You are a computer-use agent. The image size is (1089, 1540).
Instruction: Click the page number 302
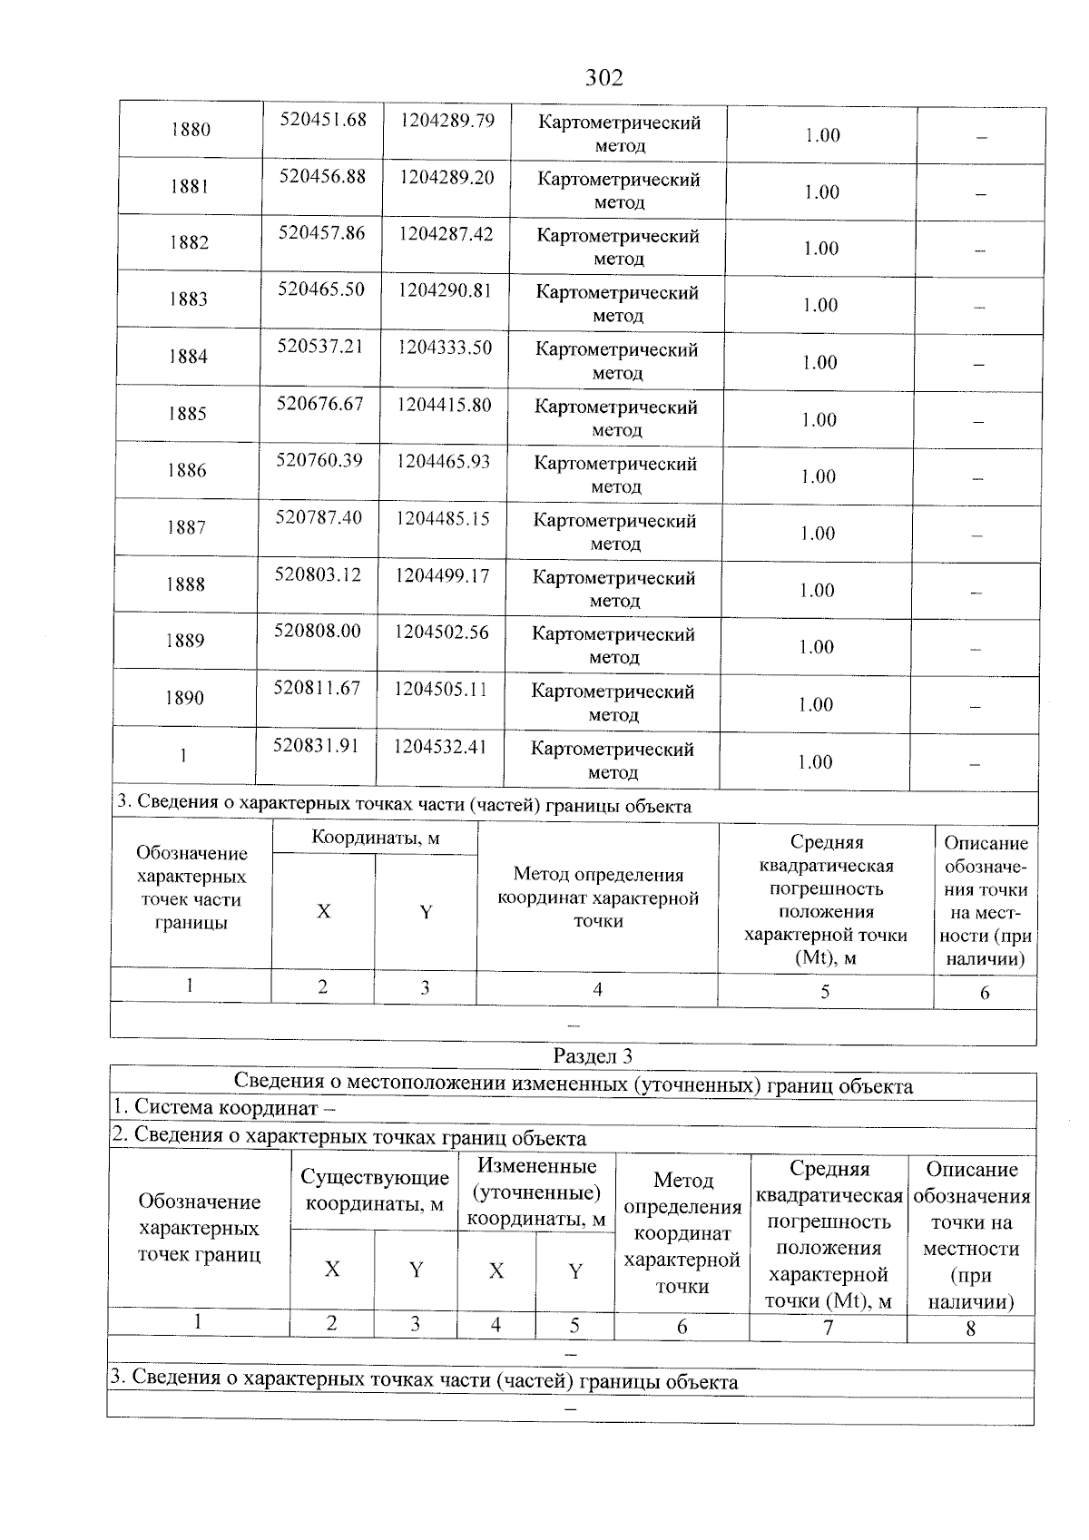pyautogui.click(x=603, y=78)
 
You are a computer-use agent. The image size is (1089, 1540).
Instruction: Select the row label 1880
pyautogui.click(x=190, y=130)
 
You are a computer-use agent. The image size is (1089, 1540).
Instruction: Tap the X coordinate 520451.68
pyautogui.click(x=323, y=120)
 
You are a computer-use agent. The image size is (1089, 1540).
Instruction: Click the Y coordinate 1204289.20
pyautogui.click(x=446, y=177)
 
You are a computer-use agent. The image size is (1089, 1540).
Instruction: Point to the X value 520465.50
pyautogui.click(x=321, y=289)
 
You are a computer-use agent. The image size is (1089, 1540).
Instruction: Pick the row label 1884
pyautogui.click(x=188, y=357)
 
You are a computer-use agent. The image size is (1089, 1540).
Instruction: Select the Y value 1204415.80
pyautogui.click(x=444, y=404)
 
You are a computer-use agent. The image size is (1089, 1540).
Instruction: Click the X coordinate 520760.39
pyautogui.click(x=319, y=461)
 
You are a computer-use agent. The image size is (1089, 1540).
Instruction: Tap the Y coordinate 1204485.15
pyautogui.click(x=443, y=518)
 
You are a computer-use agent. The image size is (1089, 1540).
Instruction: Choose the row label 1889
pyautogui.click(x=185, y=641)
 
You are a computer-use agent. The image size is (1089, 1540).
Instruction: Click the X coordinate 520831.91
pyautogui.click(x=316, y=745)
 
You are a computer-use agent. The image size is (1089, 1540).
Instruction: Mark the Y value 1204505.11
pyautogui.click(x=440, y=689)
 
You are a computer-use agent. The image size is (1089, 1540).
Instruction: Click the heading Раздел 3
pyautogui.click(x=592, y=1056)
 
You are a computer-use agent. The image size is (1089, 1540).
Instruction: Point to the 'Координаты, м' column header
pyautogui.click(x=375, y=838)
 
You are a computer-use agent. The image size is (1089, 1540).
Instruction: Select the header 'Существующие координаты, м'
pyautogui.click(x=375, y=1191)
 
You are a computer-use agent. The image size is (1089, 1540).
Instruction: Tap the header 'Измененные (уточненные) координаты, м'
pyautogui.click(x=535, y=1192)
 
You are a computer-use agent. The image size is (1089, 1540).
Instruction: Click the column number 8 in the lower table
pyautogui.click(x=970, y=1329)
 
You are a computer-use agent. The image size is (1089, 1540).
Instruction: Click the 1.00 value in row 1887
pyautogui.click(x=818, y=534)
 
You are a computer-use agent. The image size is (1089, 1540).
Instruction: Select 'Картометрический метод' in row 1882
pyautogui.click(x=619, y=247)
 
